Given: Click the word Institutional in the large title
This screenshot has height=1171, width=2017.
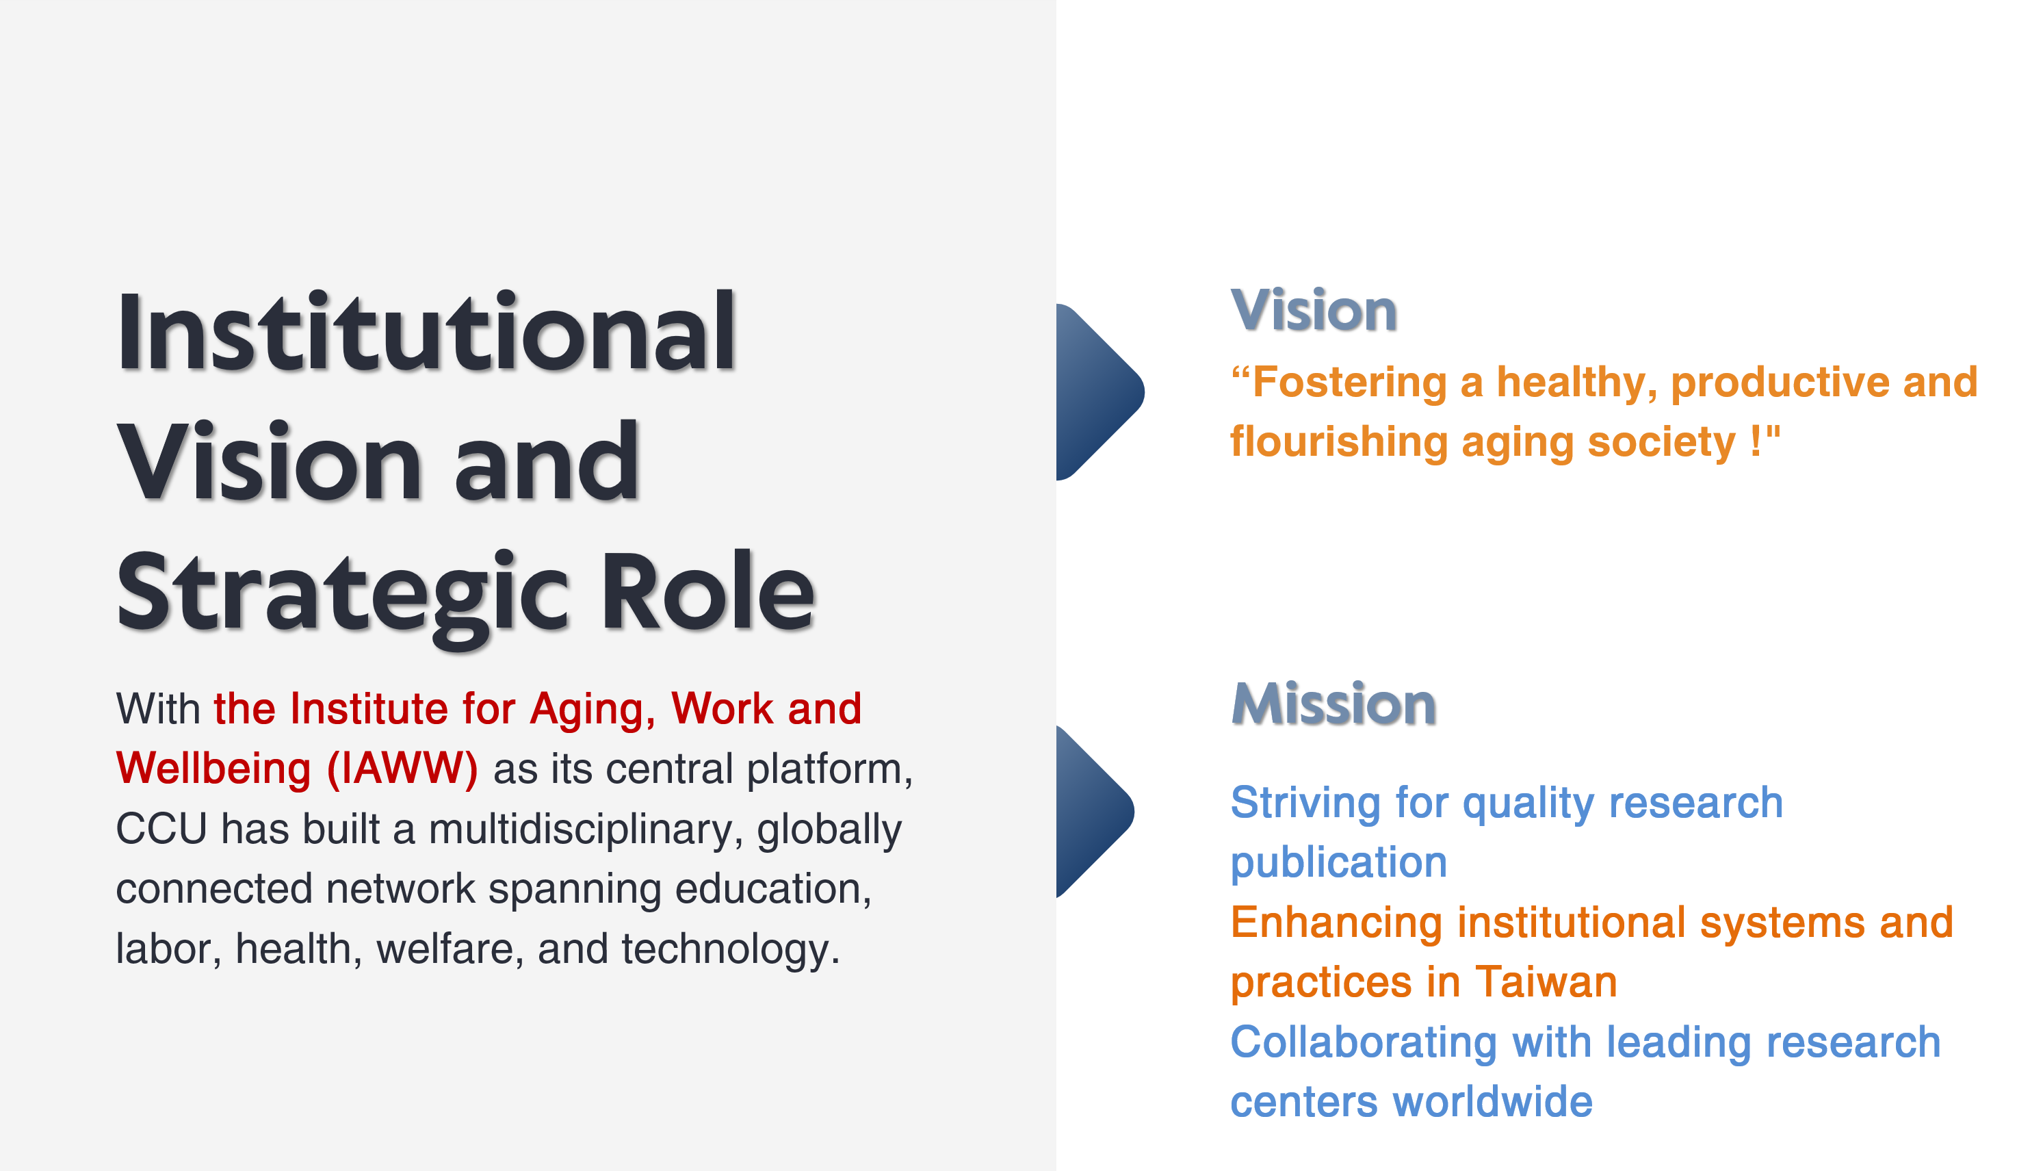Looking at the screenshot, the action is point(426,331).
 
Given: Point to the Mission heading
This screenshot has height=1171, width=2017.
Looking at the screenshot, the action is point(1333,704).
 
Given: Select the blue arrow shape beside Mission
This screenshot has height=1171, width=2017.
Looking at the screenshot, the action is point(1095,812).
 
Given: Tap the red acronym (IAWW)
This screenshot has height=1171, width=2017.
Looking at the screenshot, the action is point(402,769).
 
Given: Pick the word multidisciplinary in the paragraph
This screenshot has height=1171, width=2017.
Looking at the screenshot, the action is point(580,830).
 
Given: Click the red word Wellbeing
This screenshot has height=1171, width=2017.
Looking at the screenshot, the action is point(213,769).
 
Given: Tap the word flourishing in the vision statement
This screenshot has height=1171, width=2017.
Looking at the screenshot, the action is point(1339,442).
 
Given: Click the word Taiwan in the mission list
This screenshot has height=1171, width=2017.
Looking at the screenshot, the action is point(1546,981).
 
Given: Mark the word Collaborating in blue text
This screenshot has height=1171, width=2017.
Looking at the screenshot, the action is point(1363,1043).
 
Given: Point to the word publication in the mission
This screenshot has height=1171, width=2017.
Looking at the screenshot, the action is point(1338,864).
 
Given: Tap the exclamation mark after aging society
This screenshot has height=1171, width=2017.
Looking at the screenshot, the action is point(1755,441).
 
